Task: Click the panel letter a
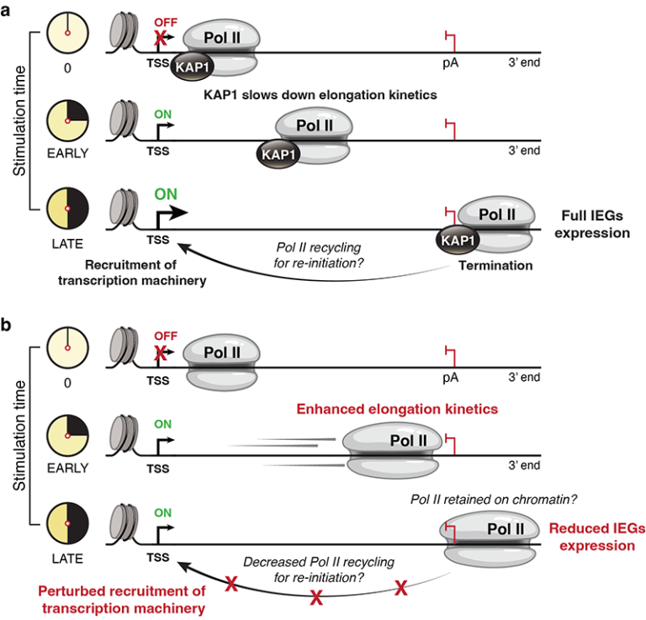[x=8, y=9]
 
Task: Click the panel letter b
[x=8, y=322]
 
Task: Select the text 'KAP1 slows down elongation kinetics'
[x=320, y=95]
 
